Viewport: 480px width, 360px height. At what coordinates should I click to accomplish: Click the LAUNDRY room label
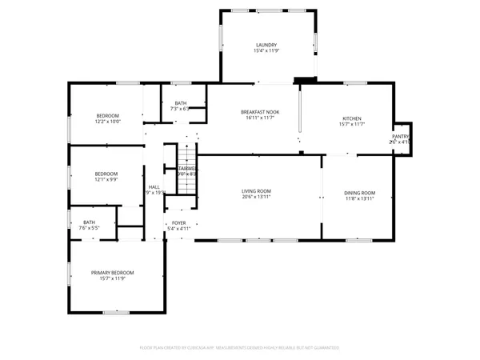pos(266,45)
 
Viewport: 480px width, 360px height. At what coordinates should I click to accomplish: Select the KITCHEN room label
pos(352,118)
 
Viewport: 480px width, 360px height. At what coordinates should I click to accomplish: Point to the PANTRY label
pos(400,137)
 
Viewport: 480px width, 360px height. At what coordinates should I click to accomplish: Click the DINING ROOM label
pos(359,192)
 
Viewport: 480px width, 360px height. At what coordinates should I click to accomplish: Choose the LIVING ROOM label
pos(257,190)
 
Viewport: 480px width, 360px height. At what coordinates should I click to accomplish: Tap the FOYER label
pos(178,223)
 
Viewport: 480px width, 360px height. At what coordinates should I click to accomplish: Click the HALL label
pos(154,187)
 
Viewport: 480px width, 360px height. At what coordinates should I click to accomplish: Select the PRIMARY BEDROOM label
pos(117,273)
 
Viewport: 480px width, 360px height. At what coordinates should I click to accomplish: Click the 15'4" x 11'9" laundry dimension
pos(266,51)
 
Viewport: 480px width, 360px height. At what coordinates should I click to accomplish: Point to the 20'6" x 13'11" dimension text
pos(257,198)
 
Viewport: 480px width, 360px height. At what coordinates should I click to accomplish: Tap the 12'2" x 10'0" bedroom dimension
pos(107,122)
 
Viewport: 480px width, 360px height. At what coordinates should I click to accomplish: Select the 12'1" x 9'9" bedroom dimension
pos(106,180)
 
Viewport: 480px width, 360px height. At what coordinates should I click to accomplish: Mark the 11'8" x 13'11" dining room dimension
pos(359,198)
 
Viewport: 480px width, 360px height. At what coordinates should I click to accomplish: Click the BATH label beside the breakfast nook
pos(181,103)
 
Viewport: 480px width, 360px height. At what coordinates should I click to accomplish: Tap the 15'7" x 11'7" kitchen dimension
pos(352,124)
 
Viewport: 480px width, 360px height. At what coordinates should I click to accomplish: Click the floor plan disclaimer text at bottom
pos(240,348)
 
